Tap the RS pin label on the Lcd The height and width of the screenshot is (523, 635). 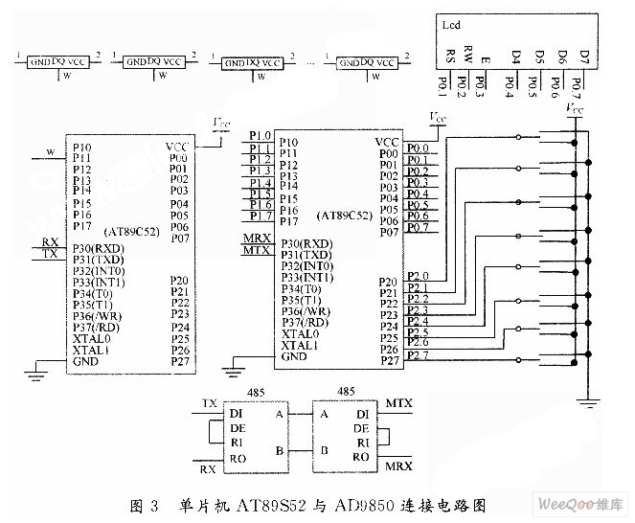click(451, 55)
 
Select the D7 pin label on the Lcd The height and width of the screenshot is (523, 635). click(586, 55)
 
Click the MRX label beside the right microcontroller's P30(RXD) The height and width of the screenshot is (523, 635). click(256, 237)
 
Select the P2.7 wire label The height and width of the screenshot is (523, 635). click(418, 356)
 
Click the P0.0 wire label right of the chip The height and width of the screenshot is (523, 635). click(418, 148)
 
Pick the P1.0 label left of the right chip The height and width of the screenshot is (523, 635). click(260, 136)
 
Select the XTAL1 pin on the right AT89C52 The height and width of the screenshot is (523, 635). click(300, 345)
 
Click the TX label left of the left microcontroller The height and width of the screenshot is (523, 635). click(50, 254)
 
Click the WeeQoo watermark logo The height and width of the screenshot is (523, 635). click(584, 504)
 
